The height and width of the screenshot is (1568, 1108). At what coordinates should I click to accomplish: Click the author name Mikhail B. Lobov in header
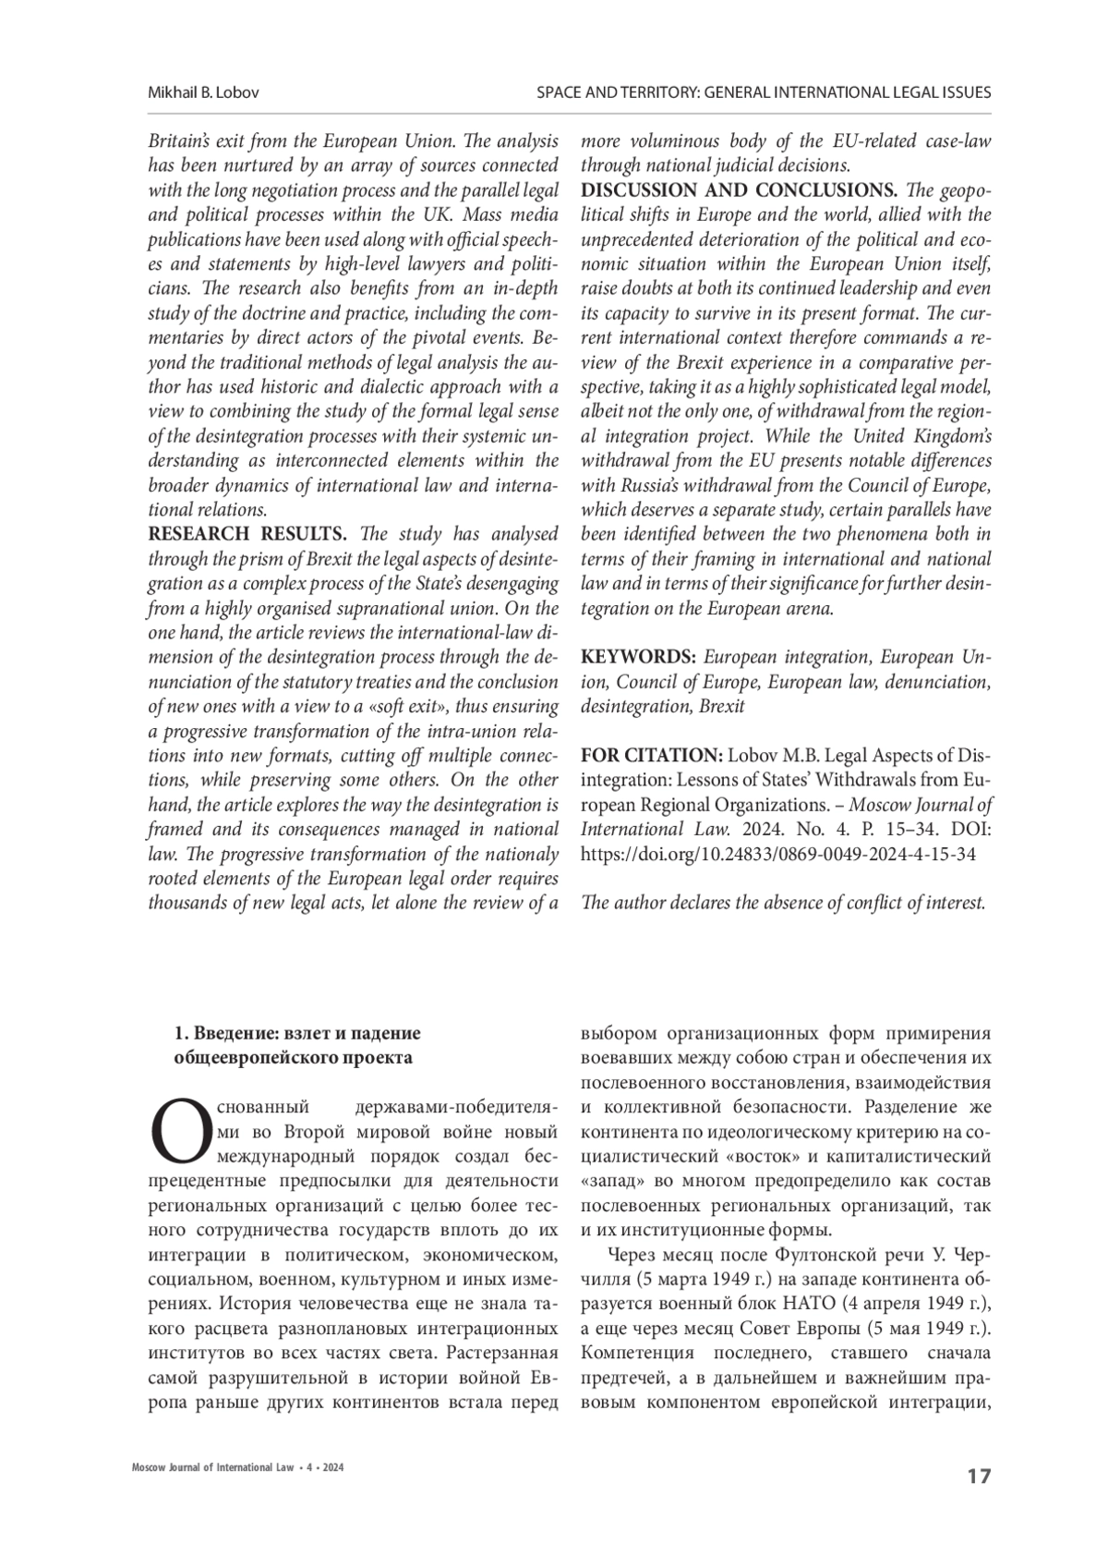click(204, 92)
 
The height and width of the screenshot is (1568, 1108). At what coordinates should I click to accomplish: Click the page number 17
click(979, 1476)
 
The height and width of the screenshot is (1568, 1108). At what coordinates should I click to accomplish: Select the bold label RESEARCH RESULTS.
click(247, 534)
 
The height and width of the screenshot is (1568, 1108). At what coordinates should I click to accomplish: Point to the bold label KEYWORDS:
click(638, 657)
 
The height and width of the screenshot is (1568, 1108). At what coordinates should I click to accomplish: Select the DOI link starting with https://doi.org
click(777, 854)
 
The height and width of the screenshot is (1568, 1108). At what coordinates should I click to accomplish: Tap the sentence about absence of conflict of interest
click(783, 903)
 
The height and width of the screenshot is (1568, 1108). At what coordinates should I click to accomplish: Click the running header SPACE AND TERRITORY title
click(764, 92)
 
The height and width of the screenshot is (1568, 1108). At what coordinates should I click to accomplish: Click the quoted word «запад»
click(613, 1181)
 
